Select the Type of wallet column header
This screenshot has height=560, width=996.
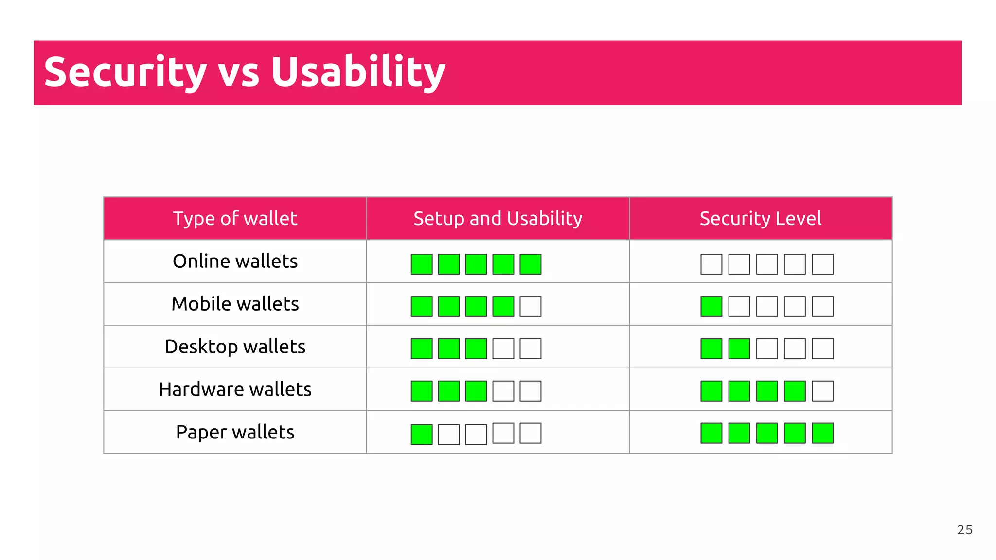[235, 219]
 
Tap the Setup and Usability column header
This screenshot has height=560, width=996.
[498, 219]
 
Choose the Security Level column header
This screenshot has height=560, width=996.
[761, 219]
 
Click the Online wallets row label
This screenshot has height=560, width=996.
[235, 262]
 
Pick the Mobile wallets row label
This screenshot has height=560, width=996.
[235, 304]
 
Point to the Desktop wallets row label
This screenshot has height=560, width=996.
[235, 347]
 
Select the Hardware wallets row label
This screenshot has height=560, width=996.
[235, 390]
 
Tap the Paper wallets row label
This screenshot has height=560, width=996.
[235, 433]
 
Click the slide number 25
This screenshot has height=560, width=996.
[964, 530]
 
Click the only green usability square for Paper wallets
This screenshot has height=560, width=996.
[422, 435]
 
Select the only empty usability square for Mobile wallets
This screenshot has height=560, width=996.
[531, 307]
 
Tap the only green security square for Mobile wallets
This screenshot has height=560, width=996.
[711, 307]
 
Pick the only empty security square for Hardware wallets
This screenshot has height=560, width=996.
[822, 391]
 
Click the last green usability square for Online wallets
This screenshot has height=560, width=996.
[531, 264]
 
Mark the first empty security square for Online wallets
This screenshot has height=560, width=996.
[711, 264]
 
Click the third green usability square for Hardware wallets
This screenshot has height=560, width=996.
[476, 391]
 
